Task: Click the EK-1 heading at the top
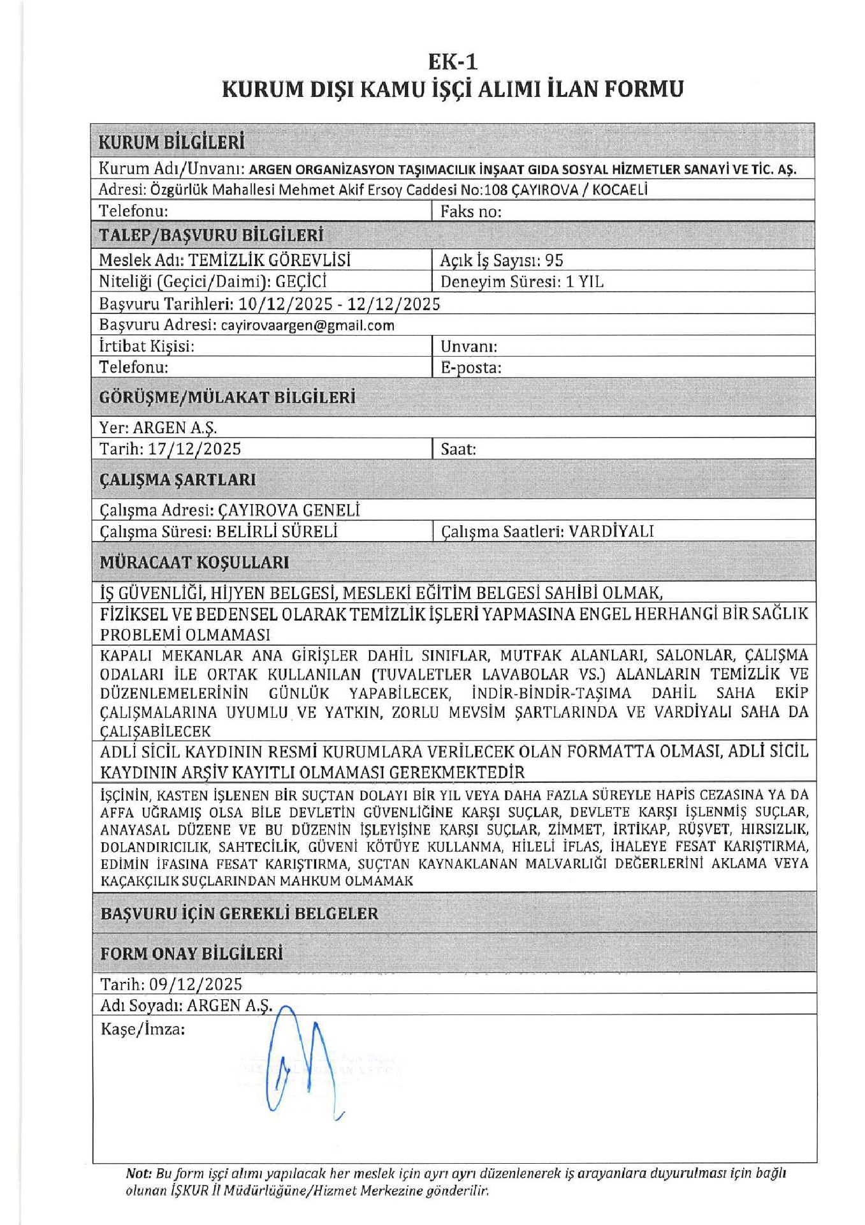point(453,61)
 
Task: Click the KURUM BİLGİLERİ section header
point(171,142)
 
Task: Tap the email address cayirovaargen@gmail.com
point(307,325)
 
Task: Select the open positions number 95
point(554,260)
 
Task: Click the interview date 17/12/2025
point(194,449)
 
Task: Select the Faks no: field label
point(471,211)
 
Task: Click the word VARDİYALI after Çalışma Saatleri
point(611,531)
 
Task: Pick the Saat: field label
point(458,449)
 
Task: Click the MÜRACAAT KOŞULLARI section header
point(194,562)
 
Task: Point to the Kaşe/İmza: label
point(143,1029)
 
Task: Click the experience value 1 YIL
point(585,281)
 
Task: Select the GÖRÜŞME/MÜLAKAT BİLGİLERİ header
point(227,397)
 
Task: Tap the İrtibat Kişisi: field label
point(147,346)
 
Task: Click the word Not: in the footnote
point(138,1173)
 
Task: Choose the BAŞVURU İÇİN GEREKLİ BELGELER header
point(239,913)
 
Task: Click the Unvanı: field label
point(469,346)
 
